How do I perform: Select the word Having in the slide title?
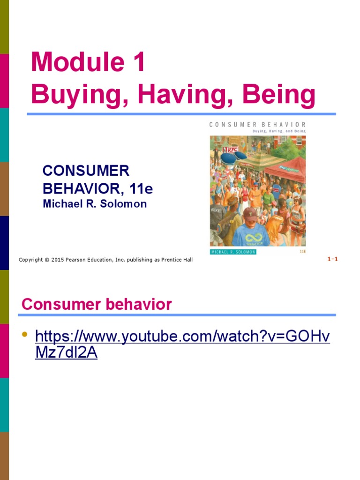181,95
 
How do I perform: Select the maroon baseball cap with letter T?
250,213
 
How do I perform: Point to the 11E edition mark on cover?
302,252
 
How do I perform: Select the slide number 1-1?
332,259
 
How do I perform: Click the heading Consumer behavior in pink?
97,305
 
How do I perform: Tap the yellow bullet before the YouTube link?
25,334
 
